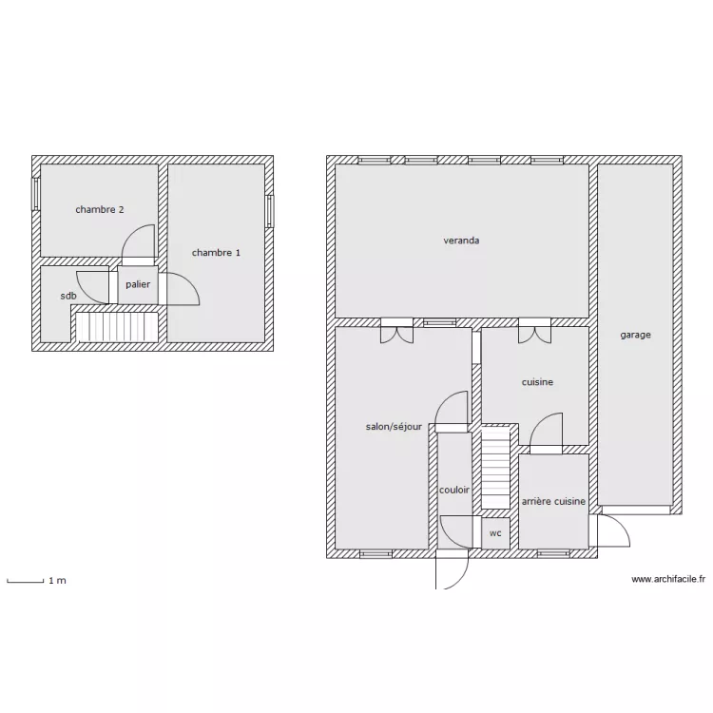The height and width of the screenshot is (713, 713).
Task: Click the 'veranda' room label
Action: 461,241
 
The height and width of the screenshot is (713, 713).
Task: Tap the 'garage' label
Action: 635,335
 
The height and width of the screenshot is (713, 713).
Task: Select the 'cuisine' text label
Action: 537,382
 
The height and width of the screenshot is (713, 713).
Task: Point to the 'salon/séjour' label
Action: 394,427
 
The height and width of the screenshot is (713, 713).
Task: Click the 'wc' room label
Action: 495,533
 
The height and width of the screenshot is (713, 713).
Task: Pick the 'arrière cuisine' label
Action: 553,501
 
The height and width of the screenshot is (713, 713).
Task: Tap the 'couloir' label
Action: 453,490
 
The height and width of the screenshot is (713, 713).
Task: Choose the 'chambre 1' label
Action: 216,253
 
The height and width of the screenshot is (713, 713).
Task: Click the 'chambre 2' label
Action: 100,210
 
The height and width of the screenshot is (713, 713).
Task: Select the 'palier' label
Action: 138,284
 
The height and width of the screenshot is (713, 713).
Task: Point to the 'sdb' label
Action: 68,296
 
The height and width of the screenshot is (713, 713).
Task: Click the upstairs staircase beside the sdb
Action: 116,326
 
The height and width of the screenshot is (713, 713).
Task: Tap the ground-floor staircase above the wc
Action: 495,468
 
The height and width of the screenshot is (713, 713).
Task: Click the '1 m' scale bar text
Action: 57,581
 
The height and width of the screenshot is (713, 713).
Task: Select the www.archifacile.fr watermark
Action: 668,579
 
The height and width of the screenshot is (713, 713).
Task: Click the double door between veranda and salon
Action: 397,331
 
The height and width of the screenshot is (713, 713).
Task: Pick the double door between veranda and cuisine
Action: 534,331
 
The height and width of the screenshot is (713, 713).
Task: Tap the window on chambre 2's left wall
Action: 36,194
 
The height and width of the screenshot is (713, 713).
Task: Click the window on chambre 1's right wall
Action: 270,211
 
